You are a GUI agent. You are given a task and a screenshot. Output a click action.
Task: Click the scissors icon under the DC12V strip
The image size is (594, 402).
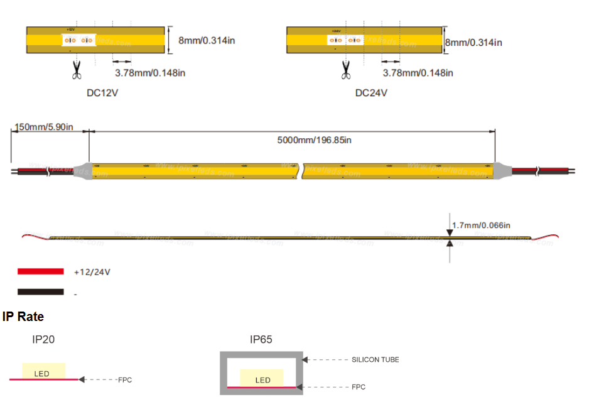click(77, 70)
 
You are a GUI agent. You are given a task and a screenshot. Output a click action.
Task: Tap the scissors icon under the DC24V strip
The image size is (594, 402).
click(345, 70)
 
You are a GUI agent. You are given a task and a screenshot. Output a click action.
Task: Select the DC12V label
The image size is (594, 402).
click(102, 93)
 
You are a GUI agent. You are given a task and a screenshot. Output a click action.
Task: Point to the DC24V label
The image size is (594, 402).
click(371, 93)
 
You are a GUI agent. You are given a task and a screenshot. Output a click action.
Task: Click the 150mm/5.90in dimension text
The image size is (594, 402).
click(43, 128)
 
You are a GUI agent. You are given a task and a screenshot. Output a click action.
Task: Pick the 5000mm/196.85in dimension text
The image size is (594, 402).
click(314, 140)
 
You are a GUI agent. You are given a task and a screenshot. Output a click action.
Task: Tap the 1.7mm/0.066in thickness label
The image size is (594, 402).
click(481, 225)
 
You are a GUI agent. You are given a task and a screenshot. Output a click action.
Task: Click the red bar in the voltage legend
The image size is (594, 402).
click(41, 271)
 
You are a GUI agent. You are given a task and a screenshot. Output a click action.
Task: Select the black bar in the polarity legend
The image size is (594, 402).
click(41, 292)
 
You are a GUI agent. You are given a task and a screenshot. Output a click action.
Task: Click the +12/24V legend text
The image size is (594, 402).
click(92, 272)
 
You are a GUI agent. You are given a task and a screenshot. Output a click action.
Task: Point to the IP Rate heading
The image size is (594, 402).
click(23, 317)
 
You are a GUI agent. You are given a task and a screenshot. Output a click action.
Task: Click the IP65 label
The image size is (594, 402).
click(261, 340)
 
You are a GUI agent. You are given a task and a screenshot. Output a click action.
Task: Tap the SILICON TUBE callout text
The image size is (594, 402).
click(375, 360)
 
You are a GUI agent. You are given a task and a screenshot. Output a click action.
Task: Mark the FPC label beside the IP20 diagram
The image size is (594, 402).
click(124, 380)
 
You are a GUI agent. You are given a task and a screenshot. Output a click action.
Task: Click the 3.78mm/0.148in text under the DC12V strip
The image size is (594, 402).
click(149, 73)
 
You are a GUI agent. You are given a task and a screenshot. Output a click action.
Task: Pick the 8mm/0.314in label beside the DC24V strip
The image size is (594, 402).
click(474, 43)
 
